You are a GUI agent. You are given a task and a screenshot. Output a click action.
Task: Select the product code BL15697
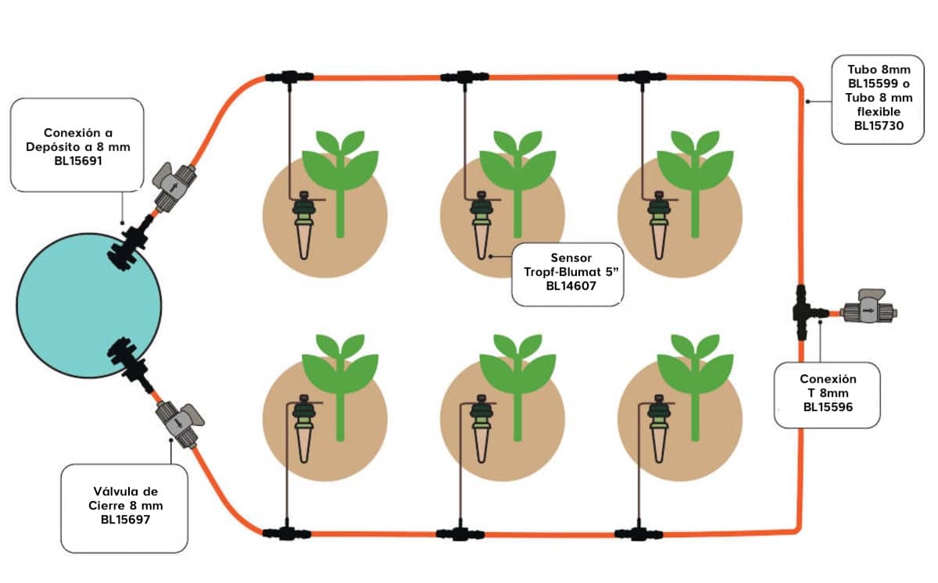[x=126, y=518]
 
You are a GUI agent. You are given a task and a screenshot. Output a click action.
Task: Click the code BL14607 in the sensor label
[x=568, y=287]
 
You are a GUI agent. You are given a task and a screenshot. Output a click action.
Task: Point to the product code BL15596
[x=829, y=406]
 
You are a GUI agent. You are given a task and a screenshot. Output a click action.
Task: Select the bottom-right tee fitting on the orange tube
[x=639, y=534]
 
